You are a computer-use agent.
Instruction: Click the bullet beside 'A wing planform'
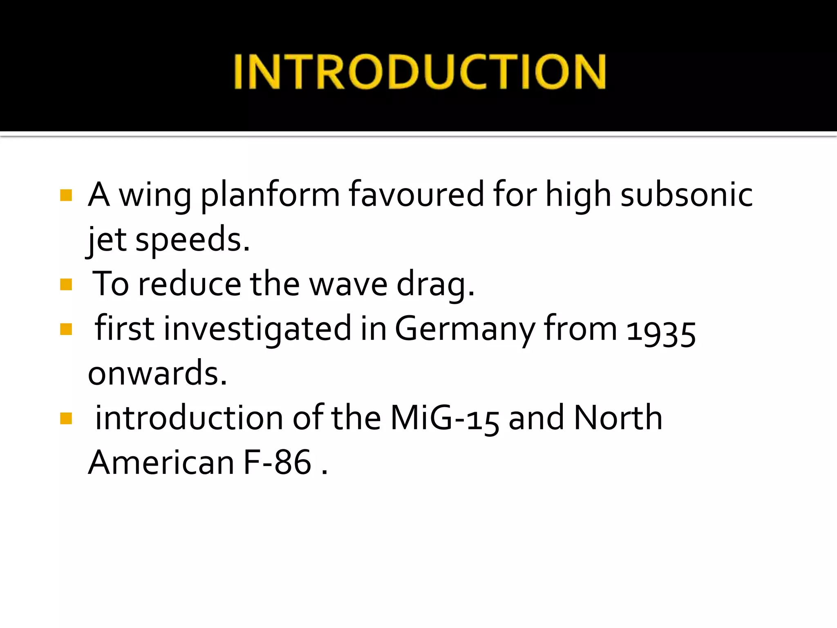66,195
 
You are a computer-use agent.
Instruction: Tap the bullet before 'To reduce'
66,284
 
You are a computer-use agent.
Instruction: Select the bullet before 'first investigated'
66,329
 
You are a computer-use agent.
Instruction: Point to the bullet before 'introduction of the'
66,418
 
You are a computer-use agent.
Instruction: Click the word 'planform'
270,195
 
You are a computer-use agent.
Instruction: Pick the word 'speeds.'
192,240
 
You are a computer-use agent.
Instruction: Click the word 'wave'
348,285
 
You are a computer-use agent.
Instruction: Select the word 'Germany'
465,330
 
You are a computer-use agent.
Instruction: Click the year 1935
661,331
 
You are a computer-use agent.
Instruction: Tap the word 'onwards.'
157,374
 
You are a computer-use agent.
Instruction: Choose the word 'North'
618,418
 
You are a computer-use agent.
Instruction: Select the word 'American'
161,463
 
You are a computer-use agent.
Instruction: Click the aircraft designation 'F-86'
278,463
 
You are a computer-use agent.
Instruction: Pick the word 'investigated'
257,330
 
